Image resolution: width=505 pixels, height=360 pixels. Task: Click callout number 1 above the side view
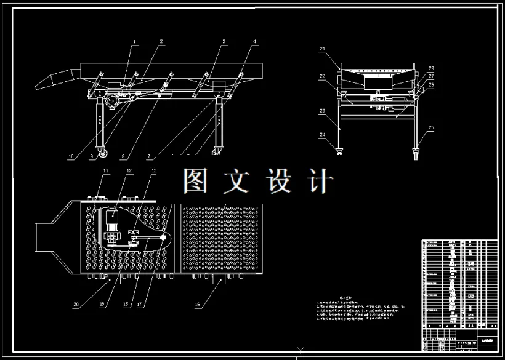[135, 41]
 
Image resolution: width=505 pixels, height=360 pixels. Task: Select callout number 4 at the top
[254, 41]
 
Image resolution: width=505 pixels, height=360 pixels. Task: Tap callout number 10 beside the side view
[71, 156]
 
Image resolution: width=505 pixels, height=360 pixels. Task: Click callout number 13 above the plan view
[154, 170]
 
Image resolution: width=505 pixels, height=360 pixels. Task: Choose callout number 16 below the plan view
[198, 303]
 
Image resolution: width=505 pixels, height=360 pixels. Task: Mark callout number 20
[76, 303]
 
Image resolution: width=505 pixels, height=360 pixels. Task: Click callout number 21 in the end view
[322, 48]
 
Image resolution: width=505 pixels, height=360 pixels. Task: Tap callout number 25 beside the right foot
[431, 127]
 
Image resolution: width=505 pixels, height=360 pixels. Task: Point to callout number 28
[431, 68]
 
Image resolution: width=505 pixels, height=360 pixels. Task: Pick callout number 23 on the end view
[322, 111]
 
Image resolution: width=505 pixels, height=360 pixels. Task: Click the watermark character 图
[197, 181]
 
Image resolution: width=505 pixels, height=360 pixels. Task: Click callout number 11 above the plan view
[105, 170]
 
